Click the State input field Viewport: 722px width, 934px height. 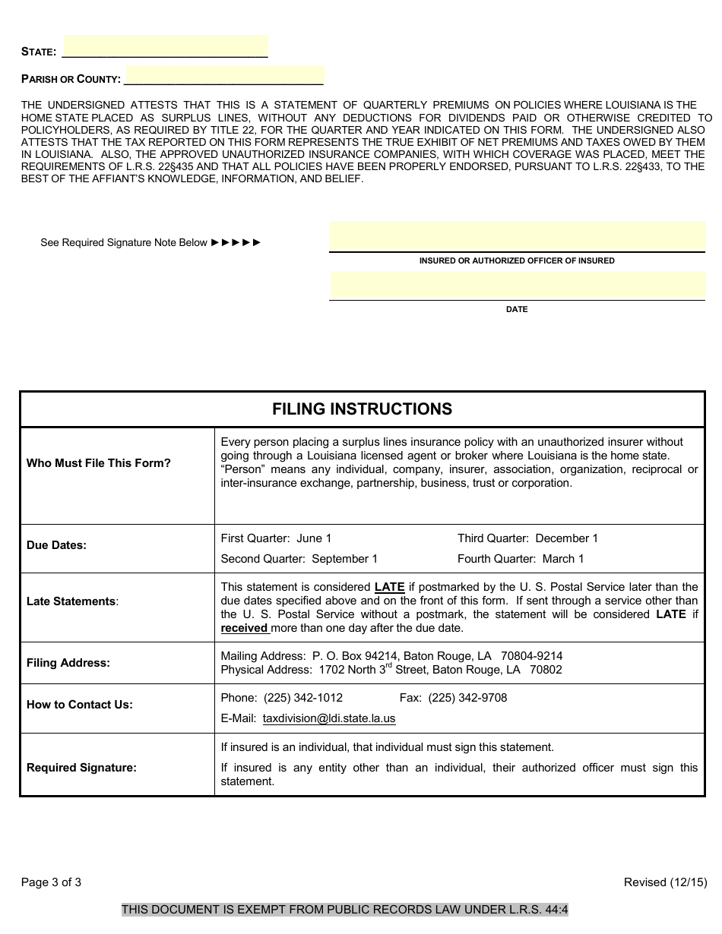165,47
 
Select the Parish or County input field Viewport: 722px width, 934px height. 224,75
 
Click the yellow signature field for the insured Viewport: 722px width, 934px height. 517,236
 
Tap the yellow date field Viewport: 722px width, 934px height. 517,285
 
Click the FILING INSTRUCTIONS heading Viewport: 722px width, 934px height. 362,409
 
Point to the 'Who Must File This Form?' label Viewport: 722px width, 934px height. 99,463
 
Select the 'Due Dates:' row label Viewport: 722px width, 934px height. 56,545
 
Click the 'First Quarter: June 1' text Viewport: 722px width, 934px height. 276,538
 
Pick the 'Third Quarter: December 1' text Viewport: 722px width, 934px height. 527,538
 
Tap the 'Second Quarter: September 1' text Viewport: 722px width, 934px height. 299,559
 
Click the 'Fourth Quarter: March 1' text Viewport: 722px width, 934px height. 521,559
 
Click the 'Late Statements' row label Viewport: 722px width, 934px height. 72,601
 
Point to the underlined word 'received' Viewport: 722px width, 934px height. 244,628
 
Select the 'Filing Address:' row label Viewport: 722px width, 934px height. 68,663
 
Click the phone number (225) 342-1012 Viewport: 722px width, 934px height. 303,698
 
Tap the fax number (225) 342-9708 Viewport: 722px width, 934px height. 467,698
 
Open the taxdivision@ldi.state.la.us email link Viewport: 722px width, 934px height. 329,718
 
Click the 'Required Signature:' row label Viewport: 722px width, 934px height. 81,768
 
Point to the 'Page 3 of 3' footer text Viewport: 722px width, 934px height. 51,882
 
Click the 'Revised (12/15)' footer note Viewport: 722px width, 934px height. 665,882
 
